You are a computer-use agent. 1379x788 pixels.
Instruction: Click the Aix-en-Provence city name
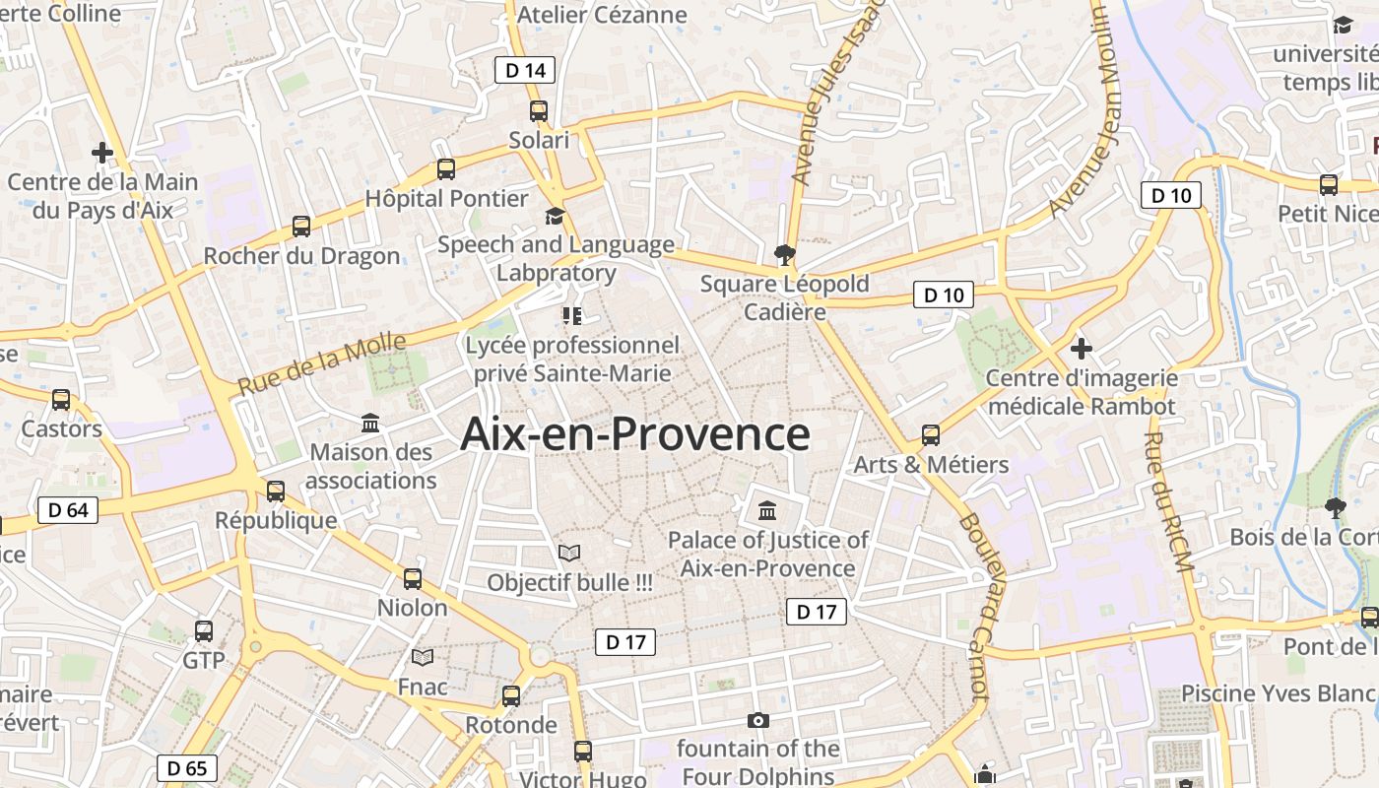(x=635, y=434)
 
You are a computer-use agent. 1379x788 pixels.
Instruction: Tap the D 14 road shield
(x=525, y=70)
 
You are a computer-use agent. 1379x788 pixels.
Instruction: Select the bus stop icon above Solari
(x=539, y=110)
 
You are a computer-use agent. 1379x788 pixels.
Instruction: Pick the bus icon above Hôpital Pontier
(x=446, y=168)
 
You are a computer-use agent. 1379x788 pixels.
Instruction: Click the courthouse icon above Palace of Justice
(x=767, y=510)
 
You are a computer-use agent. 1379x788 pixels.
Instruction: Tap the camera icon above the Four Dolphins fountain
(x=757, y=720)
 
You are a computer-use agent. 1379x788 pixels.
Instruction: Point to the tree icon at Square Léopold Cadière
(x=785, y=255)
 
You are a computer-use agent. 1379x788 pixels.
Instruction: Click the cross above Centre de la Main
(x=101, y=153)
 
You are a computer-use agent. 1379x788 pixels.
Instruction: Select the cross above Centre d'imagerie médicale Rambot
(x=1082, y=348)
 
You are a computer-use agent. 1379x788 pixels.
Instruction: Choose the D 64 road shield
(x=68, y=510)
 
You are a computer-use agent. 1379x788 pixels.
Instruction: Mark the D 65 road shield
(x=187, y=768)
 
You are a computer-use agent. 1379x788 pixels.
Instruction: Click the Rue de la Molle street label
(x=322, y=363)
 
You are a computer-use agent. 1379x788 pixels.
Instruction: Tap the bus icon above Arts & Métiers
(x=931, y=434)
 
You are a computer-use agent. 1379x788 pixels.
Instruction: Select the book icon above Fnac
(x=423, y=657)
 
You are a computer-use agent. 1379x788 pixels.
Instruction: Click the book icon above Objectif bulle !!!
(x=569, y=553)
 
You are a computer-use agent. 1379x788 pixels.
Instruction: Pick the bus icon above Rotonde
(x=511, y=695)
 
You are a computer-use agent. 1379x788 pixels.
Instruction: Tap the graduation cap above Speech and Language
(x=556, y=216)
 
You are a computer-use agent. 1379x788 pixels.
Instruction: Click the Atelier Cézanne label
(x=602, y=15)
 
